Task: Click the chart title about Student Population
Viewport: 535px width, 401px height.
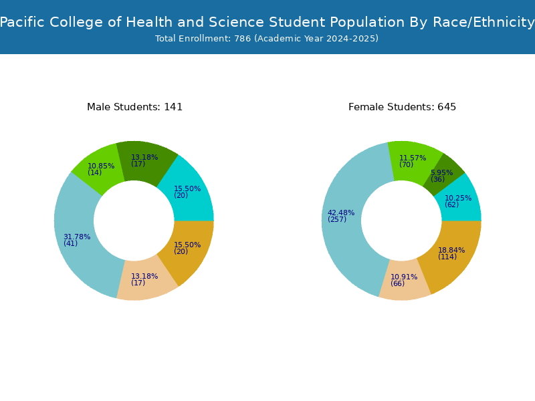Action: pyautogui.click(x=267, y=22)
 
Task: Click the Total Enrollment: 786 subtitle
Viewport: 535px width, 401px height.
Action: pyautogui.click(x=267, y=39)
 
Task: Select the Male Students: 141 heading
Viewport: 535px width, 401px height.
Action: pyautogui.click(x=135, y=107)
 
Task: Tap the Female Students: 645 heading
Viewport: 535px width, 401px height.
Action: pyautogui.click(x=403, y=107)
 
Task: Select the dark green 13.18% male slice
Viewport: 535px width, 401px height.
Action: pyautogui.click(x=145, y=160)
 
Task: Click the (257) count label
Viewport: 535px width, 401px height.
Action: pyautogui.click(x=337, y=219)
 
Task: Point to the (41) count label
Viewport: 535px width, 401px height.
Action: pyautogui.click(x=71, y=243)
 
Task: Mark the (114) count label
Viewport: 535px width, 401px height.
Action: pyautogui.click(x=447, y=257)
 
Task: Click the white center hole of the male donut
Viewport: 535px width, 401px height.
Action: pyautogui.click(x=134, y=221)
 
